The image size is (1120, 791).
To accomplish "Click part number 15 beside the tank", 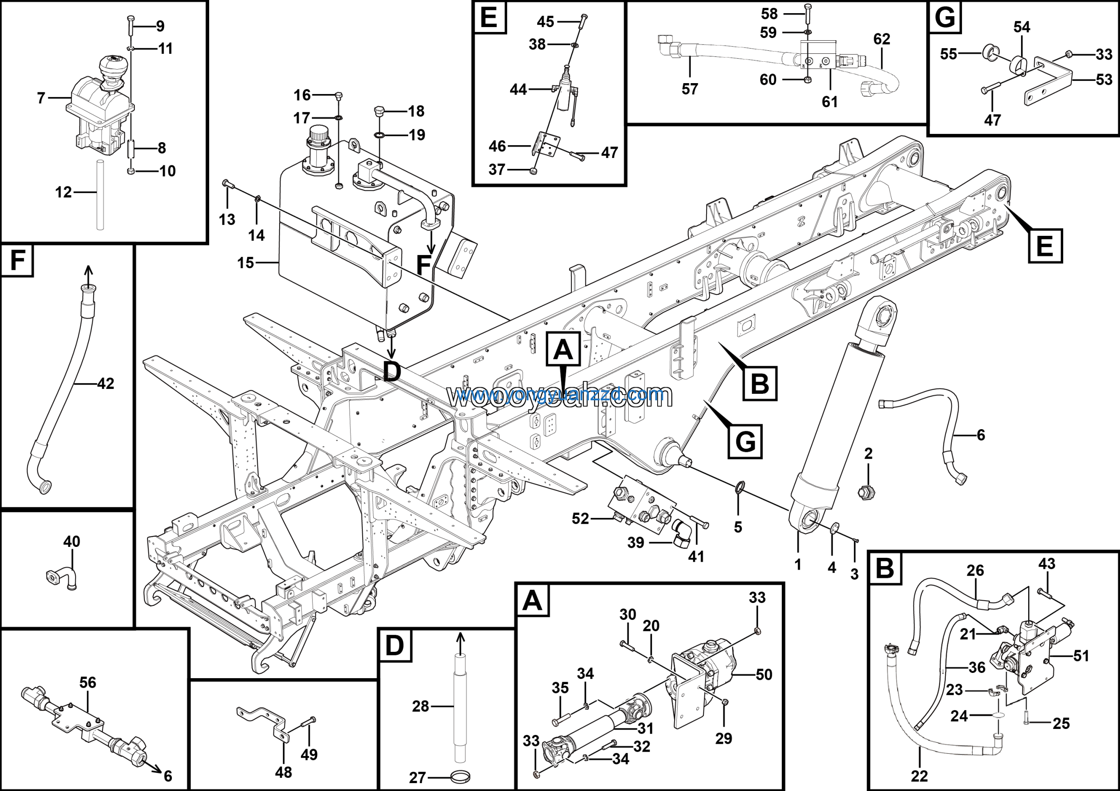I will coord(245,263).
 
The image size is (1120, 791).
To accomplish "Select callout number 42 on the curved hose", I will coord(105,383).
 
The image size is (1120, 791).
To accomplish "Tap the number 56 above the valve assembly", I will coord(88,682).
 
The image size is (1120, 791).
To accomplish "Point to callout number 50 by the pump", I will coord(764,675).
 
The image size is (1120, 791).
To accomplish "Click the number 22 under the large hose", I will coord(919,775).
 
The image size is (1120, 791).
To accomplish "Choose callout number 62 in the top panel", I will coord(882,39).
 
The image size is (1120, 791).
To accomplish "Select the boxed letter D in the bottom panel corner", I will coord(395,646).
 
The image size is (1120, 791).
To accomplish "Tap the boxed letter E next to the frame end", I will coord(1045,245).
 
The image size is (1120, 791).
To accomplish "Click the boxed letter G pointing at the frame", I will coord(745,441).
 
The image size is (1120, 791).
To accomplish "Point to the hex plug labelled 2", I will coord(866,492).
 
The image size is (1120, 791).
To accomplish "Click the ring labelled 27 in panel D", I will coord(462,775).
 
